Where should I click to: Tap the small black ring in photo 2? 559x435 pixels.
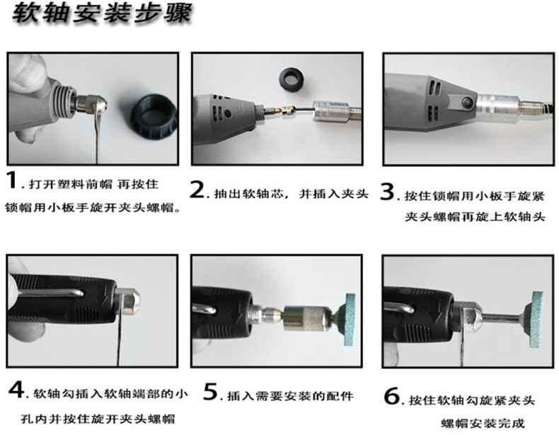(x=290, y=75)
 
